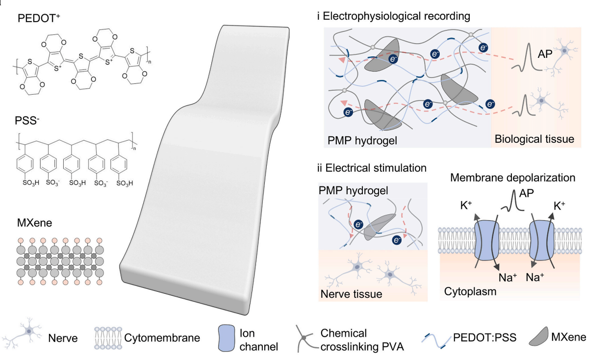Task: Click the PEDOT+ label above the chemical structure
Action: (39, 18)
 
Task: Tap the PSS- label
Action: (27, 120)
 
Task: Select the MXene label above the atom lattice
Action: (35, 223)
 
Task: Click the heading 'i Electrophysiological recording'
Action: (393, 16)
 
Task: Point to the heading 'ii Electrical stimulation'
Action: (372, 168)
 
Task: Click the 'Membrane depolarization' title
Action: (512, 178)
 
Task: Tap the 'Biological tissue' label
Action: (534, 139)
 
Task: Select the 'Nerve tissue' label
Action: (351, 294)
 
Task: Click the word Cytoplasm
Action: (470, 292)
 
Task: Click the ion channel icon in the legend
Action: (227, 338)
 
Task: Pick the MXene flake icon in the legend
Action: (538, 336)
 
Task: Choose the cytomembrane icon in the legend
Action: (108, 338)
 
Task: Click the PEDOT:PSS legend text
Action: (485, 337)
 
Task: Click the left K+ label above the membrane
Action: (466, 206)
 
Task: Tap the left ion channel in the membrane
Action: (486, 240)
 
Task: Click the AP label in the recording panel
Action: (545, 54)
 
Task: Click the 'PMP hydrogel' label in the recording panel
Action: (362, 140)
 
